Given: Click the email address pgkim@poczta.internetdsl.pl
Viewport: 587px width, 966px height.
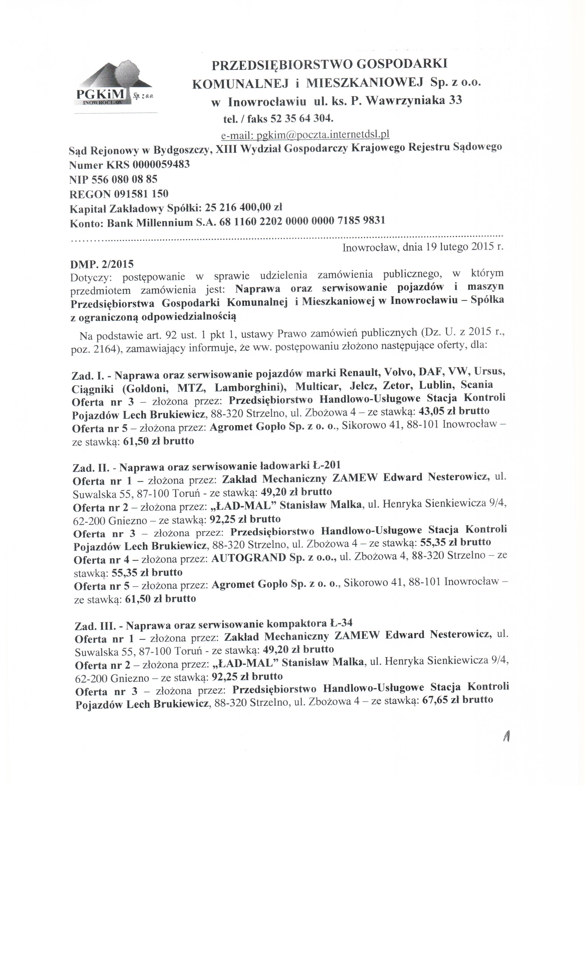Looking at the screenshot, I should coord(305,135).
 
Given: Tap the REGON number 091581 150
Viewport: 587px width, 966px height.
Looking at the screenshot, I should coord(141,194).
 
